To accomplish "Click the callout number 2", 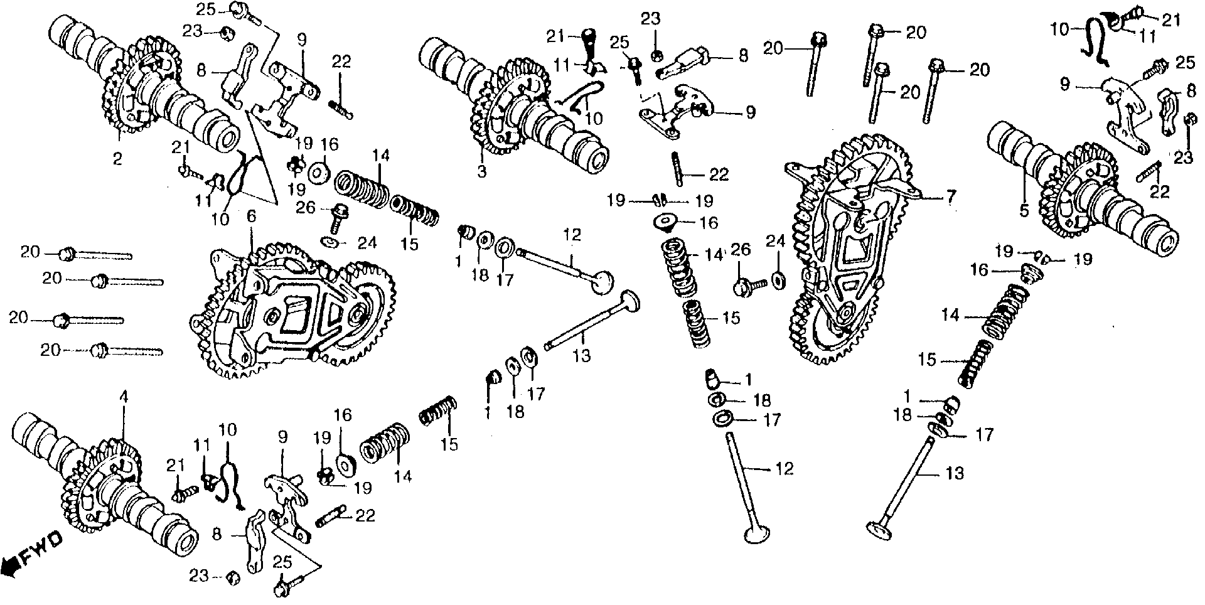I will coord(117,159).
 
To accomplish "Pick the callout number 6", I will coord(251,217).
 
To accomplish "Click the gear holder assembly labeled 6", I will coord(295,314).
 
